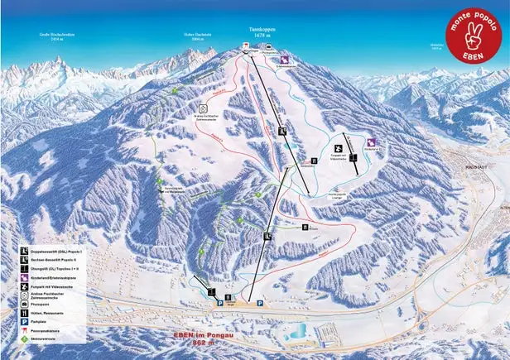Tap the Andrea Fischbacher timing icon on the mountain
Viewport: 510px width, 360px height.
(203, 108)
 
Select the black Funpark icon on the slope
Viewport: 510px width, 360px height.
(337, 147)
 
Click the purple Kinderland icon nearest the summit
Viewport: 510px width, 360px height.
(284, 59)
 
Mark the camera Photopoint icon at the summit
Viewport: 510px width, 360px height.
(271, 48)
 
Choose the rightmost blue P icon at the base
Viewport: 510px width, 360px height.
(260, 304)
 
